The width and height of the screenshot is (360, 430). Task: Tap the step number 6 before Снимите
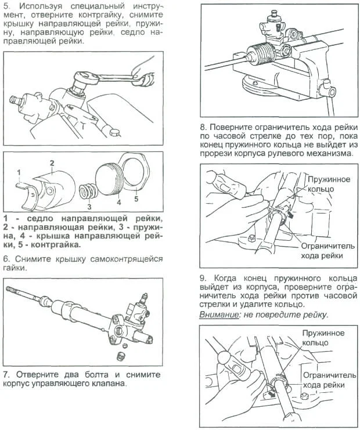coord(6,259)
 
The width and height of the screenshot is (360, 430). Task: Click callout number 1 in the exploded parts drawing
coord(19,172)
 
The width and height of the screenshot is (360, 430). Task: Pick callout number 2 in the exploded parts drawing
coord(51,163)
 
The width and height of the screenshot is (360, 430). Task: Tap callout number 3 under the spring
coord(89,205)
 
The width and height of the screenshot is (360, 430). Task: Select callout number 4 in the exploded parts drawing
coord(118,203)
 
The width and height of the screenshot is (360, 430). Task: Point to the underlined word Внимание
coord(217,315)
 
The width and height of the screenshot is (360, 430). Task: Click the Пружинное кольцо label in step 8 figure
coord(329,185)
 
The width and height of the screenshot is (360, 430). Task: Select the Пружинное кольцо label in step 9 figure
coord(323,338)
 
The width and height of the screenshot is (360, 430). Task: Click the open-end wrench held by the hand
coord(125,75)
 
